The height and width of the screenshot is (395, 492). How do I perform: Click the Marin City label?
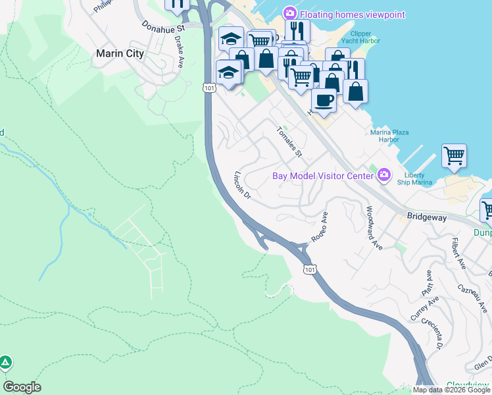[120, 54]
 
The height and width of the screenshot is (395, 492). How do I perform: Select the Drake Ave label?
[179, 52]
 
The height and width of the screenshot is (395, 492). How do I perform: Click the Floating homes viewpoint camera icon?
[289, 14]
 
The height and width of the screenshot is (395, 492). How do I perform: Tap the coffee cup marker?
[323, 101]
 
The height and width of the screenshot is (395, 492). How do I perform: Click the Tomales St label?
[289, 142]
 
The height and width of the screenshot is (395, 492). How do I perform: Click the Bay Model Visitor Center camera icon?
[384, 175]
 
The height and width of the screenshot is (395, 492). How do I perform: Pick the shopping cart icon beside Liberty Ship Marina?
[454, 156]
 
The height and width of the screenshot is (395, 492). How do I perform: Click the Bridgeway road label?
[426, 215]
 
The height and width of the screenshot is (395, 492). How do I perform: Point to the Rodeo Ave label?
[319, 227]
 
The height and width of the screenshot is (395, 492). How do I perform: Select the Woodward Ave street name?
[374, 228]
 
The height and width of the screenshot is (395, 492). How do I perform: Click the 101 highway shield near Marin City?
[209, 87]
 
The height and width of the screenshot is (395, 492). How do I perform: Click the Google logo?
[22, 387]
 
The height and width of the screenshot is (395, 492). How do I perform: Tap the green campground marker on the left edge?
[5, 363]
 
